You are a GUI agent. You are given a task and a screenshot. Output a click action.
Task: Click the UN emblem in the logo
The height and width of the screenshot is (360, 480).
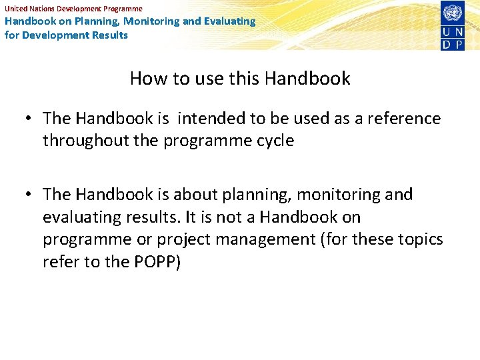[x=453, y=12]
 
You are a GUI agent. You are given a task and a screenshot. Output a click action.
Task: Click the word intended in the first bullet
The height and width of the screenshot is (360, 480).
[x=211, y=119]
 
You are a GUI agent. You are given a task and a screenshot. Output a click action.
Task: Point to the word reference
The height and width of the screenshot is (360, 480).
[x=401, y=119]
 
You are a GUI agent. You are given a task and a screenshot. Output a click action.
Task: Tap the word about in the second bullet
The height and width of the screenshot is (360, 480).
[x=200, y=195]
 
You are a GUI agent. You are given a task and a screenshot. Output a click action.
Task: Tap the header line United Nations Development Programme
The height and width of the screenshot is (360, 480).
[x=73, y=9]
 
